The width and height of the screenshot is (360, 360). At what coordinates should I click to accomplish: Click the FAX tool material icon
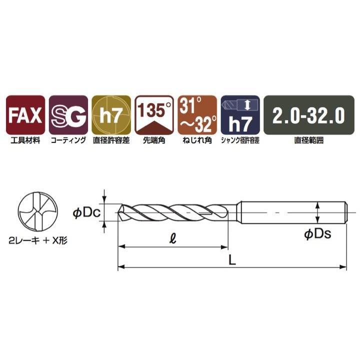(25, 115)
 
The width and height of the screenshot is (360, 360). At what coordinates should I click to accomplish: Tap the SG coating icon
(68, 115)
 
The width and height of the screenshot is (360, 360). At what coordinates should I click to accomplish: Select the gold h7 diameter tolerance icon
(111, 115)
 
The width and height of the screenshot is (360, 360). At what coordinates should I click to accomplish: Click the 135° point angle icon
(154, 115)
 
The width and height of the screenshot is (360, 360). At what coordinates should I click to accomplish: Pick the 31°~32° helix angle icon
(197, 115)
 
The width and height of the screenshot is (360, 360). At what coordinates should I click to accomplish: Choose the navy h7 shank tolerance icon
(240, 115)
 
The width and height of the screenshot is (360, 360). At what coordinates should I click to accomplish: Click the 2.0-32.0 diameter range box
(308, 115)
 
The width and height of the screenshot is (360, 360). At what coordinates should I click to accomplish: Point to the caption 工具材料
(25, 140)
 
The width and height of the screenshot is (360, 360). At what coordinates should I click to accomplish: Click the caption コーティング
(68, 140)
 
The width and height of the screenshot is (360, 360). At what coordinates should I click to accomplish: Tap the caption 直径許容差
(111, 140)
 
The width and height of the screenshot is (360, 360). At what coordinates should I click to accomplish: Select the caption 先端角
(154, 140)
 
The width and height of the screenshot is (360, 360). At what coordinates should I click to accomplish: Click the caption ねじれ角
(197, 140)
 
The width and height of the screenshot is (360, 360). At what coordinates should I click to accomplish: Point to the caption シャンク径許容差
(240, 140)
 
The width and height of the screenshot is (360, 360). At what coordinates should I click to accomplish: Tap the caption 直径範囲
(308, 140)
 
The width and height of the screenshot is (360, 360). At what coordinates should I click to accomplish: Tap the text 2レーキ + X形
(38, 240)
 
